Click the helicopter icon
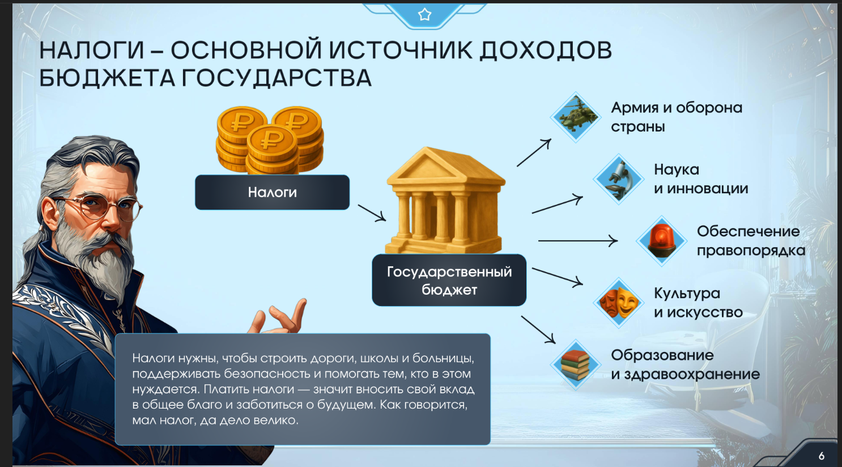(576, 117)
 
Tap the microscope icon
(618, 179)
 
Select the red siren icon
(662, 241)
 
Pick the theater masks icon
(618, 303)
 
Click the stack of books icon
(576, 365)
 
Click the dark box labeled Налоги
(272, 192)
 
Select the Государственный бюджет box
(449, 280)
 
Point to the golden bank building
(445, 200)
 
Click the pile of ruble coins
(270, 140)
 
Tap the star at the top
(425, 15)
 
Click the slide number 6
(822, 456)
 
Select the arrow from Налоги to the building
(372, 213)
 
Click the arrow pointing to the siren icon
(578, 241)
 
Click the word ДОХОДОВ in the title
(546, 50)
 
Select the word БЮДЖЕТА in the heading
(107, 79)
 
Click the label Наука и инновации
(701, 179)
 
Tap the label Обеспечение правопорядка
(751, 241)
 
